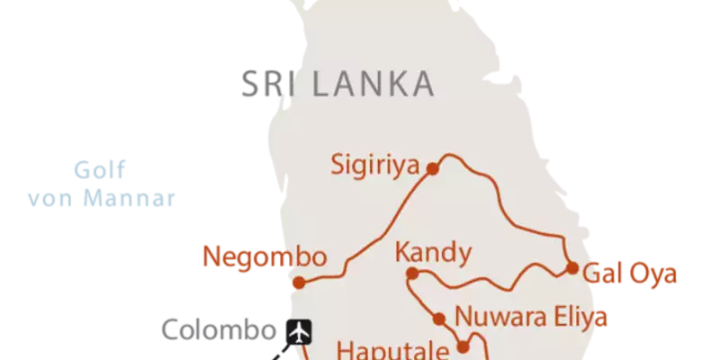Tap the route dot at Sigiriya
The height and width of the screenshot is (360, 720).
coord(433,167)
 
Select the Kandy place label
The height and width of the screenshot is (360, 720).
coord(433,253)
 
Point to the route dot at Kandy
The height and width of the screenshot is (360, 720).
coord(411,273)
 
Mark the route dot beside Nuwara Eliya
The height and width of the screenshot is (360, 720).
coord(440,318)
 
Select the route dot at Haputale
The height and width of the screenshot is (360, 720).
coord(464,346)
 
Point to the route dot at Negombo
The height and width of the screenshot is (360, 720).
coord(301,283)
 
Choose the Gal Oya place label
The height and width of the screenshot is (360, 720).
coord(630,270)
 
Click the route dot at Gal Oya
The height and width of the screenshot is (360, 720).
coord(571,267)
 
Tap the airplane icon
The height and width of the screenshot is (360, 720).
coord(300,332)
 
